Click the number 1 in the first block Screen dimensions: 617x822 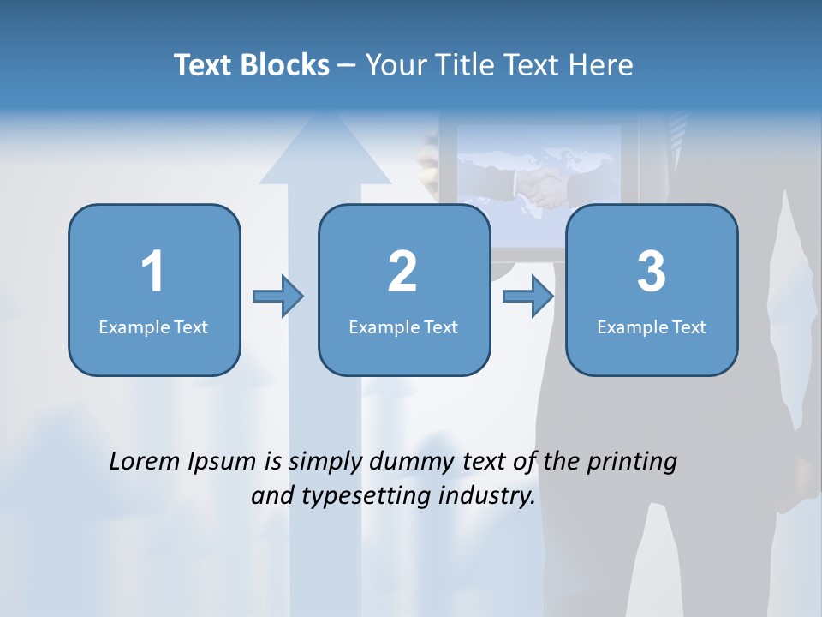click(152, 272)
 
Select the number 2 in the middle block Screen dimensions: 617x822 click(402, 272)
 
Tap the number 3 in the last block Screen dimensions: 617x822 click(652, 272)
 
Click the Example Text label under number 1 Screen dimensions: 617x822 click(153, 326)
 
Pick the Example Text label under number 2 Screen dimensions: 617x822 click(403, 326)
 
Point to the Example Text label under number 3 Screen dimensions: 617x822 click(652, 326)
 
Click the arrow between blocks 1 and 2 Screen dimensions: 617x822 click(278, 297)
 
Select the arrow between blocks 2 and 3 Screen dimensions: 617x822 click(528, 297)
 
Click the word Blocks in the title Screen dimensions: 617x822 click(285, 65)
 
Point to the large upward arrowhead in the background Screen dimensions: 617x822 click(325, 146)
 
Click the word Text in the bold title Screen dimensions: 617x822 click(204, 65)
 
